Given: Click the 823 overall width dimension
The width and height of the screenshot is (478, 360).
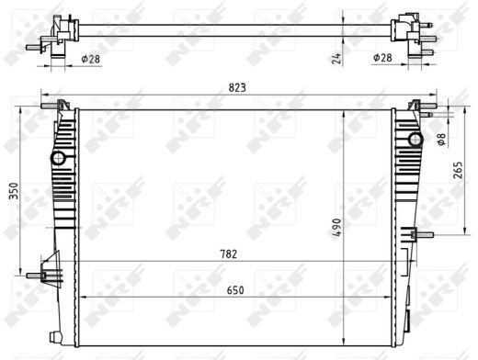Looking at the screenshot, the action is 237,88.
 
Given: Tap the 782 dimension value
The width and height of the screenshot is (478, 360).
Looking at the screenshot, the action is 229,254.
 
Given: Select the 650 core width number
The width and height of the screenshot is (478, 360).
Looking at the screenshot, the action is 235,290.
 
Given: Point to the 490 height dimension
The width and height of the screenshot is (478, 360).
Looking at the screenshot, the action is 336,228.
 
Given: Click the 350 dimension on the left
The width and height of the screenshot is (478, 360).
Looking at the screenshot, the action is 14,191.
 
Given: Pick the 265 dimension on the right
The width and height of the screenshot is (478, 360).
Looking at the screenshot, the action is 458,170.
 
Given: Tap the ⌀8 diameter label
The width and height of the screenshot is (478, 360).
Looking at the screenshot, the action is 441,140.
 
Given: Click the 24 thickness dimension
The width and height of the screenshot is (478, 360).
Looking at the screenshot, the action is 336,59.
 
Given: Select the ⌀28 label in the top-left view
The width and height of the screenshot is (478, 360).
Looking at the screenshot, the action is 91,59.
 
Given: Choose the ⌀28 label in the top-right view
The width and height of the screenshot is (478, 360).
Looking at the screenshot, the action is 382,57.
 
